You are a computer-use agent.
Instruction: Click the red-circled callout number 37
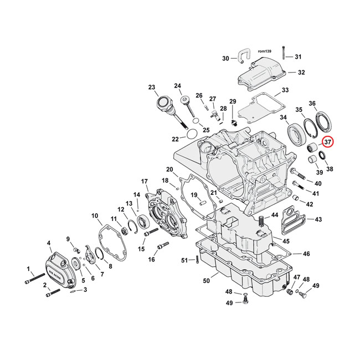(x=327, y=142)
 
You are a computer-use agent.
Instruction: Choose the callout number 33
(x=285, y=90)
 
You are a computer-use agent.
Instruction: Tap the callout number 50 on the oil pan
(x=206, y=281)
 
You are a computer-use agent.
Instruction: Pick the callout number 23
(x=152, y=87)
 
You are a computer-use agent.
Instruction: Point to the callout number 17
(x=144, y=181)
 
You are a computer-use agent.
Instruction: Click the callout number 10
(x=95, y=215)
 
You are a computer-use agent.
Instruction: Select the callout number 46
(x=306, y=254)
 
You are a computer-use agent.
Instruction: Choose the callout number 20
(x=169, y=169)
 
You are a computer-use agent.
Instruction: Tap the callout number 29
(x=233, y=101)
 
